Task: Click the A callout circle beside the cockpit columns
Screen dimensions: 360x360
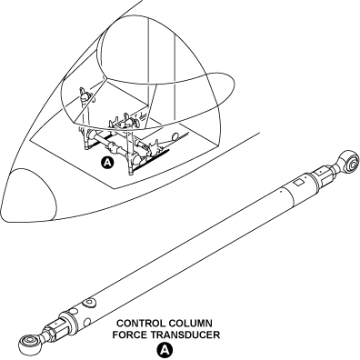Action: click(x=107, y=163)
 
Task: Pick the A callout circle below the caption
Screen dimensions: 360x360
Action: click(x=165, y=350)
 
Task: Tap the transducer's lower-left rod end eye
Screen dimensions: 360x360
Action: click(x=29, y=344)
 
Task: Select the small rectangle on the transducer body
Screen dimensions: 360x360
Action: click(x=297, y=183)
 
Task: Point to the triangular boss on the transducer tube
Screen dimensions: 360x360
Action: click(x=89, y=303)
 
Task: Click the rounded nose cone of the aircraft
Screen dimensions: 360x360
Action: click(x=29, y=197)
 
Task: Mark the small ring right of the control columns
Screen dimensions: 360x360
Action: click(x=175, y=137)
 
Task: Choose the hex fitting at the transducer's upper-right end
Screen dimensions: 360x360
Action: click(x=324, y=177)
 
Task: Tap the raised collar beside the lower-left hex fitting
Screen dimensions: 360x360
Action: click(x=70, y=321)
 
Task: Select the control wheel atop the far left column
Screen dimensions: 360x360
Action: click(x=85, y=95)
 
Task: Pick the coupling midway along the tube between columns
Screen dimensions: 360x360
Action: click(x=112, y=148)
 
